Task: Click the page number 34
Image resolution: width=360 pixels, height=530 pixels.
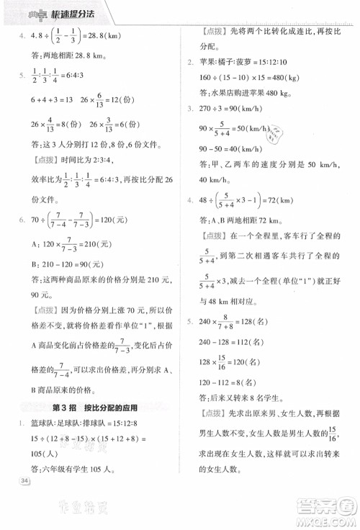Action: [26, 480]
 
